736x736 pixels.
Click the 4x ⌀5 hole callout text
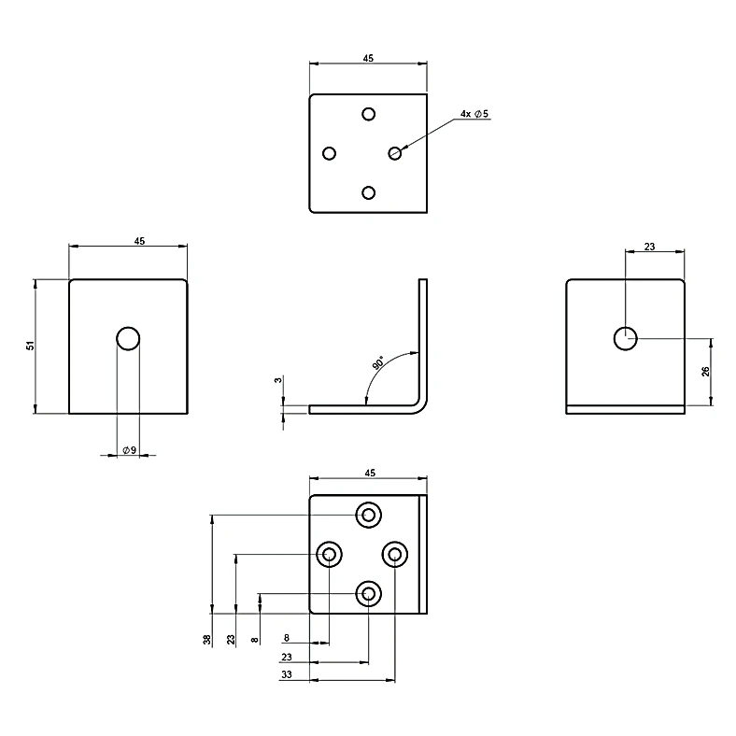click(474, 114)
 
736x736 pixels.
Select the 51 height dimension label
click(31, 346)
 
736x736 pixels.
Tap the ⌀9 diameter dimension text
click(129, 450)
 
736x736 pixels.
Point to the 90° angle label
click(378, 362)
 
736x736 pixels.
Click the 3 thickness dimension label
click(278, 380)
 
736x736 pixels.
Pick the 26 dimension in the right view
click(705, 372)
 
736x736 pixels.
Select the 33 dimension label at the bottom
click(287, 674)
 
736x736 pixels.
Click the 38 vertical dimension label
click(207, 639)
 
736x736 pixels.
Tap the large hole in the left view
click(128, 338)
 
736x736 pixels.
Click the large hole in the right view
click(625, 338)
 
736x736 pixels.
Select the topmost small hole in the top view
click(369, 114)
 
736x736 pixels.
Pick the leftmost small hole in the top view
click(330, 153)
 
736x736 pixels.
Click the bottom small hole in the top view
click(369, 193)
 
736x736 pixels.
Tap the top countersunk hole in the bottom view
click(369, 515)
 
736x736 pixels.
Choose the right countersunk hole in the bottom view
click(395, 555)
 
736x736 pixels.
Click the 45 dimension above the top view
click(368, 58)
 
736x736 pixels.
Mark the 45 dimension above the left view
click(139, 241)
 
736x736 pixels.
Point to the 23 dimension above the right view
click(649, 247)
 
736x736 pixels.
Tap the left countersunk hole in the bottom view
click(329, 555)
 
